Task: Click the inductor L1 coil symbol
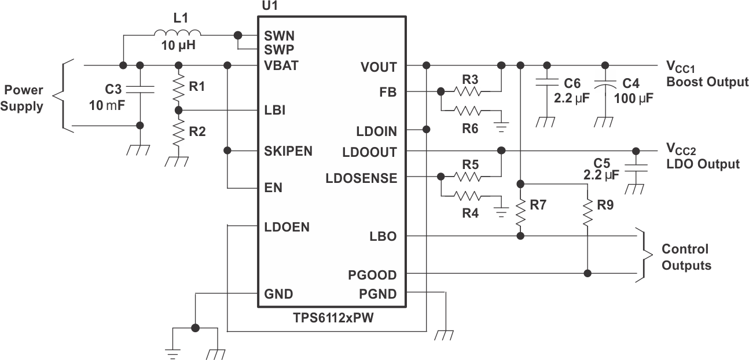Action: (x=178, y=34)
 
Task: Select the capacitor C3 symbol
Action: (x=139, y=89)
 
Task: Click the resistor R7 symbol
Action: (x=520, y=212)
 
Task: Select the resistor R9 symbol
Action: (x=588, y=212)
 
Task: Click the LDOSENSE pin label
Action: (x=362, y=178)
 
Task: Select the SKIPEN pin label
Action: (x=288, y=152)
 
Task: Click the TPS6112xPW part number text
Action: (x=331, y=317)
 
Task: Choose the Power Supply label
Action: (x=24, y=98)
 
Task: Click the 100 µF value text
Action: (x=633, y=98)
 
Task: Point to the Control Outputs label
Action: (x=685, y=258)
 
